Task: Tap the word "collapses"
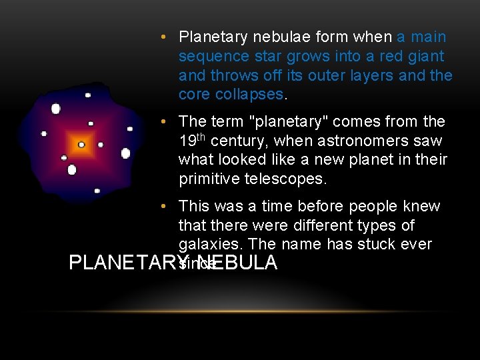tap(250, 94)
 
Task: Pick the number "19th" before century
tap(192, 141)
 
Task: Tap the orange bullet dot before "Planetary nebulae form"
tap(169, 37)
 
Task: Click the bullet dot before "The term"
tap(169, 122)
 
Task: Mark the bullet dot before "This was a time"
tap(169, 207)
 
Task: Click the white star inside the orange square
tap(81, 145)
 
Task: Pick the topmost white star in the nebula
tap(87, 95)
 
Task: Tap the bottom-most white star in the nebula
tap(97, 191)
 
